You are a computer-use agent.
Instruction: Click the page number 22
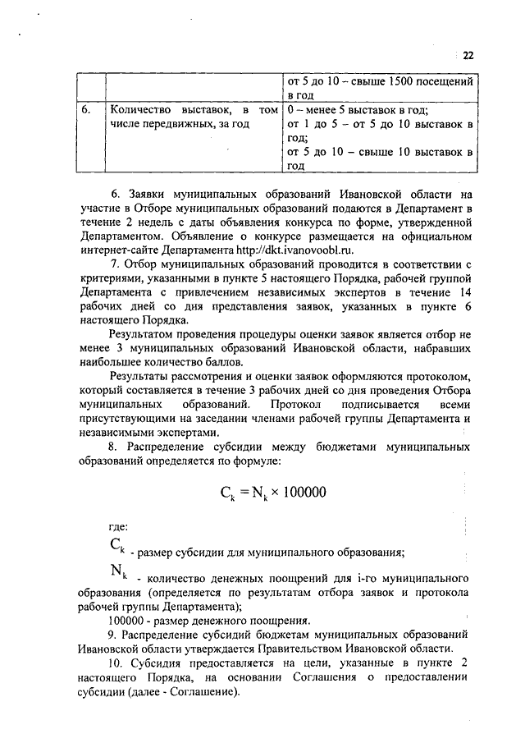tap(468, 56)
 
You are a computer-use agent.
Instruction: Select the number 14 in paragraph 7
tap(465, 292)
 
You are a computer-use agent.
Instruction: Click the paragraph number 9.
tap(112, 634)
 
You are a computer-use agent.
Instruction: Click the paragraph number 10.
tap(115, 663)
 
